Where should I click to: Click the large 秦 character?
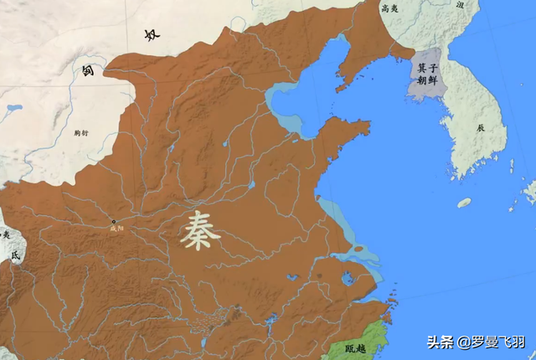pos(200,230)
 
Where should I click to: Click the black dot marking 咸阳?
pos(114,221)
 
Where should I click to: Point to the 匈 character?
pos(87,70)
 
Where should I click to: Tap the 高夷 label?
pos(389,8)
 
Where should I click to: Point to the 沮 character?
pos(460,5)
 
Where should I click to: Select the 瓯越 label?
pos(356,347)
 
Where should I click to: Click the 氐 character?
pos(13,256)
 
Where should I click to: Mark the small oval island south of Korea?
pos(464,203)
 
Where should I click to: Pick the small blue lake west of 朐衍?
pos(13,108)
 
